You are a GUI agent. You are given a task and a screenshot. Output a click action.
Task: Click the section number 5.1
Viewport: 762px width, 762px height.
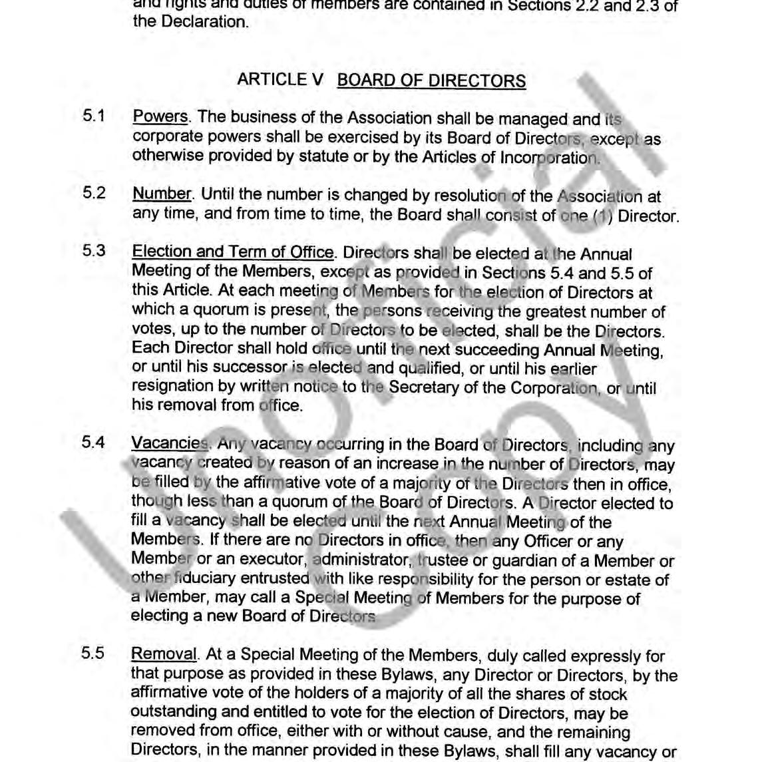[x=94, y=116]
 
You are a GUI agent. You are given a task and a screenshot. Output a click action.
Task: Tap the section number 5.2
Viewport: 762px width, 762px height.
[x=94, y=194]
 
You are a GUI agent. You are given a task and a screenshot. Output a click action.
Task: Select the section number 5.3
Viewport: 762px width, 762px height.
[x=94, y=252]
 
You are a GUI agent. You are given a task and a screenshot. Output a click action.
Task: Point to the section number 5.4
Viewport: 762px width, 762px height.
[x=93, y=443]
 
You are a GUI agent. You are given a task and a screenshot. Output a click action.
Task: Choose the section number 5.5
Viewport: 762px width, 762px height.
[x=93, y=653]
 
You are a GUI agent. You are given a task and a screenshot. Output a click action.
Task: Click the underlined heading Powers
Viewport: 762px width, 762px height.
[x=160, y=117]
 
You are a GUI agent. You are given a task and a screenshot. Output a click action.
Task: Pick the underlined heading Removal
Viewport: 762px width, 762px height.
[x=164, y=654]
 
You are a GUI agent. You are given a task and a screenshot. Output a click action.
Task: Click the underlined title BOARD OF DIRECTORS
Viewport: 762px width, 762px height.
[x=431, y=81]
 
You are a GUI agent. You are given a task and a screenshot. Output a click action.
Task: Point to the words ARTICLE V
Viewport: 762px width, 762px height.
[x=280, y=80]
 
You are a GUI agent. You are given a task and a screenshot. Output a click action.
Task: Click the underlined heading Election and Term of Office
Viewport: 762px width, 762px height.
[x=233, y=252]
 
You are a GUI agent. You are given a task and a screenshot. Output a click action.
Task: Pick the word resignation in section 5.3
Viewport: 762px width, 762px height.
[x=174, y=386]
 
